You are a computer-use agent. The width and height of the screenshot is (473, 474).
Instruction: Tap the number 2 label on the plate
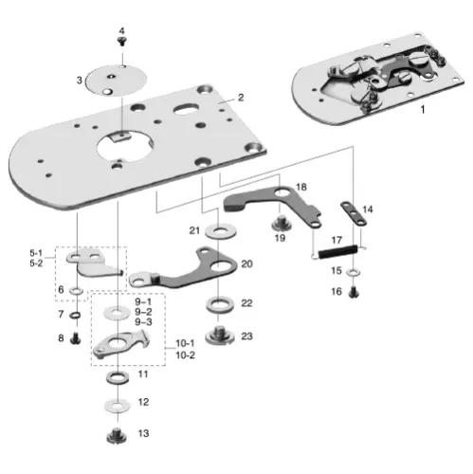(x=241, y=97)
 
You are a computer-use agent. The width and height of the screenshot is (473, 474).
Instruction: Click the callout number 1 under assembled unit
(x=422, y=111)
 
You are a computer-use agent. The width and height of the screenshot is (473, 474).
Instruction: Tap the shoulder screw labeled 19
(x=280, y=223)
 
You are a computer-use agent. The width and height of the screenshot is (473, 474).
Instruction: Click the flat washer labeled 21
(x=220, y=230)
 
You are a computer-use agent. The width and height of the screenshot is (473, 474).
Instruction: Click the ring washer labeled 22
(x=220, y=305)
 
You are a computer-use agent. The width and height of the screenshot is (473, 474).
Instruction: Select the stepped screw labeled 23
(x=220, y=334)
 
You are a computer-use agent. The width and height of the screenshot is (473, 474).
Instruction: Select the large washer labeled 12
(x=116, y=404)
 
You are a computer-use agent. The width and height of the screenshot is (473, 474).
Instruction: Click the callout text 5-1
(x=36, y=253)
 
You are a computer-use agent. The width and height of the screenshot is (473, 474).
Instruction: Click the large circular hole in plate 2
(x=125, y=147)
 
